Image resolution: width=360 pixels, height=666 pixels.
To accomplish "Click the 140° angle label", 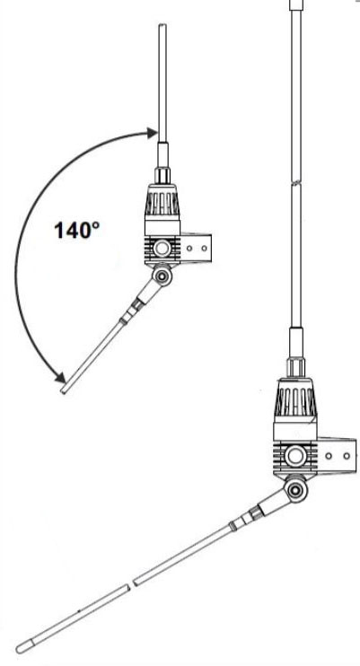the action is tap(77, 230).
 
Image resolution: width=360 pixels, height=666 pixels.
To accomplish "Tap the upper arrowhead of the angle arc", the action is tap(152, 133).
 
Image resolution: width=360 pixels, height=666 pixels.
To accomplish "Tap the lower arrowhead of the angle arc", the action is tap(60, 377).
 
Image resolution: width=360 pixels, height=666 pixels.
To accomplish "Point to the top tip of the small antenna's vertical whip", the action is tap(162, 24).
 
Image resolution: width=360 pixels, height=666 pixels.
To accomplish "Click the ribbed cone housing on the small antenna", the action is tap(162, 199).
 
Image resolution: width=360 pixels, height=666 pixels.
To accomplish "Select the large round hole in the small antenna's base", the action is tap(162, 248).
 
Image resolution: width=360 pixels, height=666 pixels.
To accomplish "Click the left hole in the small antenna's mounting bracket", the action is tap(189, 248).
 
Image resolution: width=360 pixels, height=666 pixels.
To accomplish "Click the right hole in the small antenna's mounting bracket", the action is tap(204, 248).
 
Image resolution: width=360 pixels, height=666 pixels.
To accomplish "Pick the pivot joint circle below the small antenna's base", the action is tap(162, 276).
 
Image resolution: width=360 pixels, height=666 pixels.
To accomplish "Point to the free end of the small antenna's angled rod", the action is tap(64, 390).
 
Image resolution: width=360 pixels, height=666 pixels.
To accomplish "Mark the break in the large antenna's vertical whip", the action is tap(296, 183).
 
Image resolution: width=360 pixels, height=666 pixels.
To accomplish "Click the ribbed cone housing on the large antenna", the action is tap(295, 397).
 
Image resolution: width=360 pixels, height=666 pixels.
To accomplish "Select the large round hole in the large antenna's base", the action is tap(295, 456).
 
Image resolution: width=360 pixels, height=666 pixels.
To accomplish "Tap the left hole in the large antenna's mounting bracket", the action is tap(329, 456).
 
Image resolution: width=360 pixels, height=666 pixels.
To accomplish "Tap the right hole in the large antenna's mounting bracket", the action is tap(347, 456).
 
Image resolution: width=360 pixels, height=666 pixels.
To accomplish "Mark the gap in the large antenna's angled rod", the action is tap(132, 583).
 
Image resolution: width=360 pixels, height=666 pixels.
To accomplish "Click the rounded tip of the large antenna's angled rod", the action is tap(20, 650).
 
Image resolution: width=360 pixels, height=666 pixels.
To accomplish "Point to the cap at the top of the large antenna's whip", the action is tap(296, 4).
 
